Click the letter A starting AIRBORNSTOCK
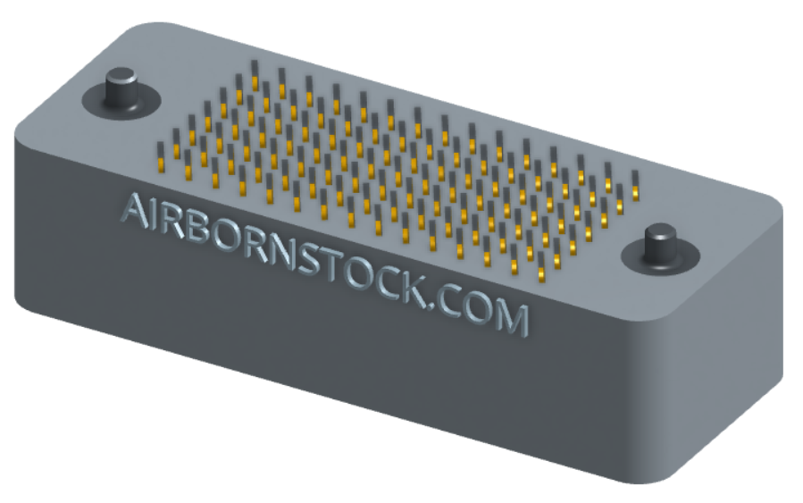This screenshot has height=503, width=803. pos(135,211)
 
